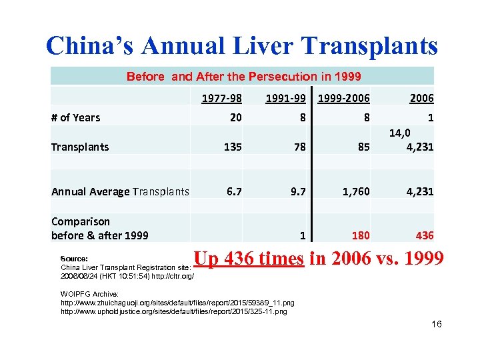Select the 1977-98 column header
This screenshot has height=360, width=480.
click(x=222, y=98)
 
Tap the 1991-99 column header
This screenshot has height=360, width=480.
click(x=286, y=98)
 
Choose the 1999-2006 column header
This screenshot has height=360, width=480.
click(x=344, y=98)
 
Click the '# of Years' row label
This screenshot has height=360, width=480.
click(x=75, y=118)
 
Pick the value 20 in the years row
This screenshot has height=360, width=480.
click(x=235, y=118)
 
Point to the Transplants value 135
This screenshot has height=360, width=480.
click(x=232, y=147)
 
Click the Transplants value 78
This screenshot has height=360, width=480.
click(x=298, y=147)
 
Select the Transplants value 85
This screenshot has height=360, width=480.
click(x=363, y=147)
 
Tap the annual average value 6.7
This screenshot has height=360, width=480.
click(x=233, y=191)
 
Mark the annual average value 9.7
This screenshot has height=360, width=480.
click(x=298, y=191)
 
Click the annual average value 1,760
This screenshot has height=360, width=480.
click(x=355, y=191)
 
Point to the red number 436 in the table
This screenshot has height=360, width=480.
click(x=424, y=235)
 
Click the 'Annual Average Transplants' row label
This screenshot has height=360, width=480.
click(x=120, y=192)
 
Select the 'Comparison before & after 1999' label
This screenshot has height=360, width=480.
click(x=99, y=228)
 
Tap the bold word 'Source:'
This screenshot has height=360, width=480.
click(x=74, y=259)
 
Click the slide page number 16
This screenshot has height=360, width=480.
click(x=437, y=325)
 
